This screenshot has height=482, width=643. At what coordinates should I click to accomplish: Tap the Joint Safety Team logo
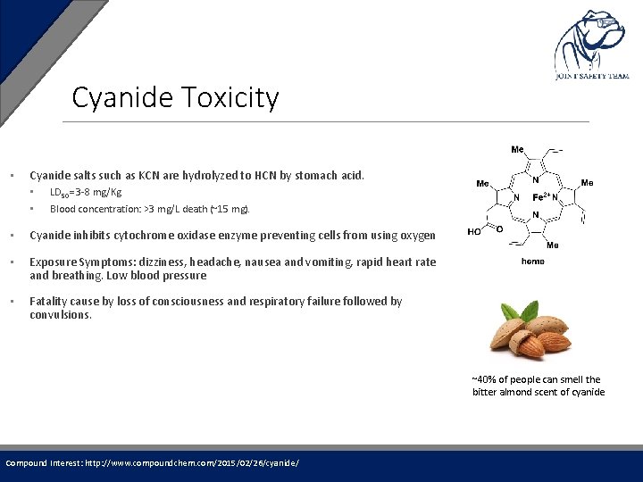590,45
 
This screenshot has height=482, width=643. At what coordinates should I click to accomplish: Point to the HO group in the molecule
476,231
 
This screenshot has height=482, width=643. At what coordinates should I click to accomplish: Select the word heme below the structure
533,262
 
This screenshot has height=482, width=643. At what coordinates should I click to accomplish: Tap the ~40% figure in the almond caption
486,379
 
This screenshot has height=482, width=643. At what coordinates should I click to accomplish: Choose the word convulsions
60,314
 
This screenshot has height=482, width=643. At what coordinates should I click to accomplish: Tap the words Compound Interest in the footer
44,462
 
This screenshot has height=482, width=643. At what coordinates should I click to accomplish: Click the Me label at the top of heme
518,149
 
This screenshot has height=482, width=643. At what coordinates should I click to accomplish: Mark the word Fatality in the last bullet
48,301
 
